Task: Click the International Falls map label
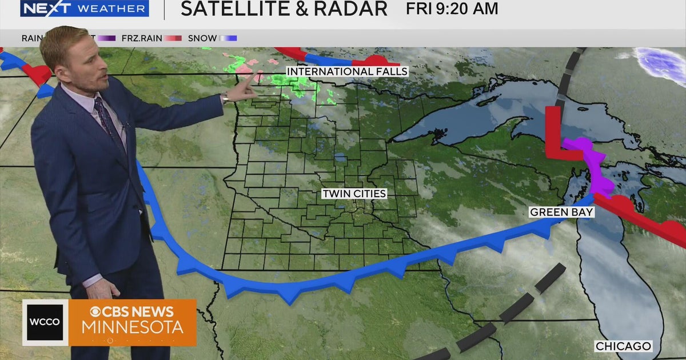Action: click(347, 71)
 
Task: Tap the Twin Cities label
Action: click(354, 194)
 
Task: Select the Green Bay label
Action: click(561, 212)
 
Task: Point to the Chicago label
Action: click(623, 346)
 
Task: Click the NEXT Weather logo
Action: click(84, 9)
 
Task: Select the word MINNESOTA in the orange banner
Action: click(132, 327)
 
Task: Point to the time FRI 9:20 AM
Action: click(452, 9)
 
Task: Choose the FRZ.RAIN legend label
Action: click(141, 38)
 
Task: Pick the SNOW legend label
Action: click(202, 38)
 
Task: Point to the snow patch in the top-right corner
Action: click(660, 59)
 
